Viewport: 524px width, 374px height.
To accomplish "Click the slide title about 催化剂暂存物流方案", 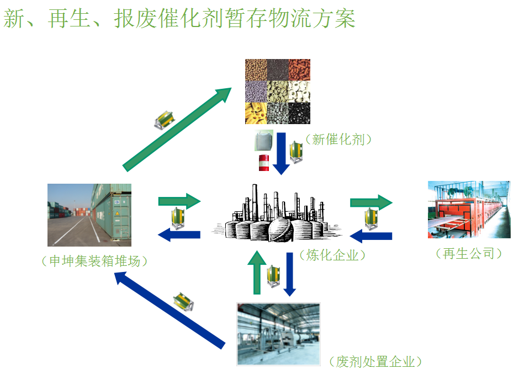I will click(179, 19).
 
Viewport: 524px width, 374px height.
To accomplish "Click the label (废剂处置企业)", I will click(375, 362).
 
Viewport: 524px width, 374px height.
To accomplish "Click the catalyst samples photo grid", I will click(278, 92).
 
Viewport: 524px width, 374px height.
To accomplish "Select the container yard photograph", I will click(89, 215).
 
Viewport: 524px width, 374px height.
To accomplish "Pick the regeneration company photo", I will click(469, 210).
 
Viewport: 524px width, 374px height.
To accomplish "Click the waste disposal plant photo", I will click(278, 334).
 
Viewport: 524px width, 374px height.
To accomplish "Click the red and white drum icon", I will click(264, 162).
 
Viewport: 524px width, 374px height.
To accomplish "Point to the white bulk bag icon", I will click(263, 141).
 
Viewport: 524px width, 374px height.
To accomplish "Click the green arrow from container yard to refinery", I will click(179, 201).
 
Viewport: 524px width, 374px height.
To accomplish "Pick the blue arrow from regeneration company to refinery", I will click(371, 237).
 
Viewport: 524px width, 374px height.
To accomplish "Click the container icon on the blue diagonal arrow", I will click(183, 301).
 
